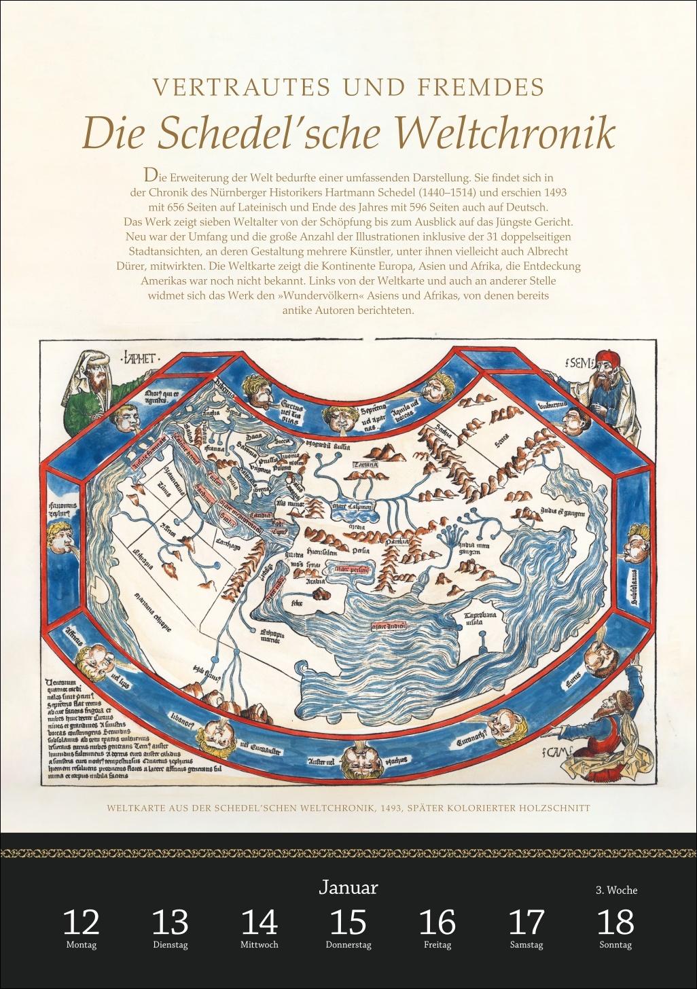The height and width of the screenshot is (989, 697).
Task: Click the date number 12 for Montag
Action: pos(81,922)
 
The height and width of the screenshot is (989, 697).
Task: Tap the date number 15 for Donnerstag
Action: pos(348,922)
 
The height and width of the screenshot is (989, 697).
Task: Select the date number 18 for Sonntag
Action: pos(615,922)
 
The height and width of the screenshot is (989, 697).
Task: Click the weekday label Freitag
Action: pos(437,945)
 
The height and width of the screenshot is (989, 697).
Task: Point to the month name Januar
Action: pos(348,887)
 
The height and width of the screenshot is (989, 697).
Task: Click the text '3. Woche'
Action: pos(616,890)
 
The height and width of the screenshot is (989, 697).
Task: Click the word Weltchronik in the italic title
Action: pos(505,133)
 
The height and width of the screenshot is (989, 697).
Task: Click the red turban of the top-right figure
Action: pos(605,359)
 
